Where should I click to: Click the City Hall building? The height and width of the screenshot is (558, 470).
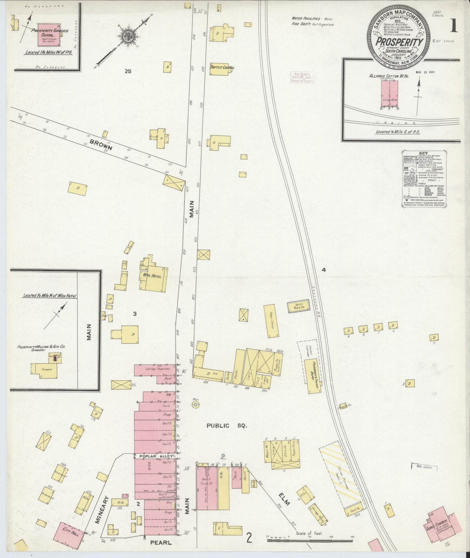tap(68, 534)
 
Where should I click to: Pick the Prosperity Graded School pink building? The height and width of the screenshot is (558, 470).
tap(48, 34)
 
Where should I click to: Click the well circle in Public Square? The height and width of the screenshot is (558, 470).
tap(195, 405)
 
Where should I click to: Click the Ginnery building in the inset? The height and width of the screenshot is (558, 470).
tap(45, 370)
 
